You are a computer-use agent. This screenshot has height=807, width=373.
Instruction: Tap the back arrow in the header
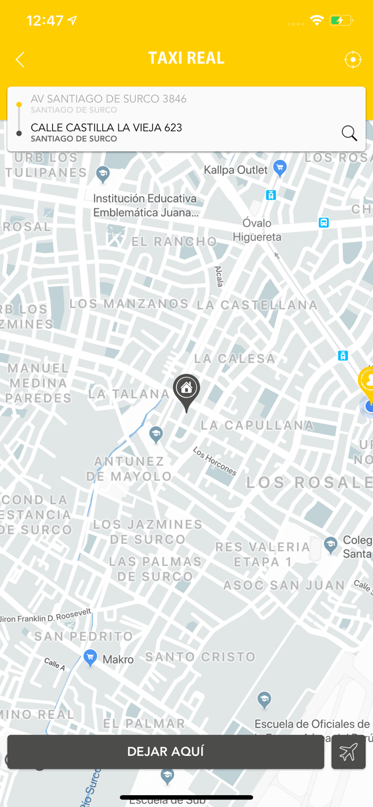coord(20,59)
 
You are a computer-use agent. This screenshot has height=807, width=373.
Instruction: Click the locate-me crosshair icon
coord(353,59)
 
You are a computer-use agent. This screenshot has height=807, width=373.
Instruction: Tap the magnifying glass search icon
coord(349,133)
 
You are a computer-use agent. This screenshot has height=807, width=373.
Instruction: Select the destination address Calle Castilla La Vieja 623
coord(107,128)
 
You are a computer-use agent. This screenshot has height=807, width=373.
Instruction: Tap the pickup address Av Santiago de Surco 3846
coord(109,99)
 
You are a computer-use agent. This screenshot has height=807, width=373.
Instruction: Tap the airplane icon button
coord(348,752)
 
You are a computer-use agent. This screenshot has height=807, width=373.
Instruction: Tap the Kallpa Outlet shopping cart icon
coord(279,168)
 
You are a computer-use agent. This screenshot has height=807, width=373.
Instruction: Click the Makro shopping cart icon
coord(90,657)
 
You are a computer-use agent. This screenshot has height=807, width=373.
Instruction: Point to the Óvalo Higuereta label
coord(257,230)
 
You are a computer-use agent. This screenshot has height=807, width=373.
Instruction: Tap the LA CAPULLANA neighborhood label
coord(257,426)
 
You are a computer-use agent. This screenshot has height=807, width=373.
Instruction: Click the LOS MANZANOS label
coord(129,304)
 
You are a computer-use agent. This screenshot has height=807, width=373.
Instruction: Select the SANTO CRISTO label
coord(200,657)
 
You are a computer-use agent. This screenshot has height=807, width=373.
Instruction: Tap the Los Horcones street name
coord(214,462)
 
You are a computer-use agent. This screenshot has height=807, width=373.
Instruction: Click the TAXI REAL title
coord(186,58)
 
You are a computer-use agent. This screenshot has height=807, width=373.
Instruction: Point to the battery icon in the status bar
coord(341,21)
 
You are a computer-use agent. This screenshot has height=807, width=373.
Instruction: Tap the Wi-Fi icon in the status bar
coord(316,20)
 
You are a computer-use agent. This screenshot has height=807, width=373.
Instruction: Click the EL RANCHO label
coord(174,242)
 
